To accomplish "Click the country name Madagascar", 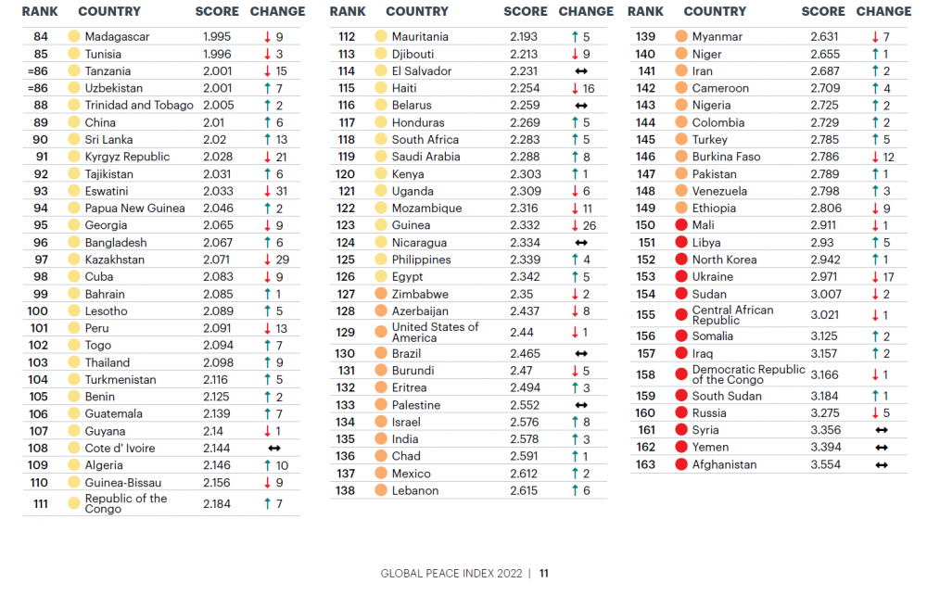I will click(117, 37).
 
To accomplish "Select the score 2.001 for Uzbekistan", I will click(219, 88).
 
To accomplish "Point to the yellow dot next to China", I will click(74, 122).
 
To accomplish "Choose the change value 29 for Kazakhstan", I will click(282, 260).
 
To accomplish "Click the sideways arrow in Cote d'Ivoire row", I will click(273, 449).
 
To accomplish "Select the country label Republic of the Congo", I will click(126, 503).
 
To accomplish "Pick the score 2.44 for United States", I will click(522, 332).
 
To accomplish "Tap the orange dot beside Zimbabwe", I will click(381, 294).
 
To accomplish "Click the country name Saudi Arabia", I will click(425, 157).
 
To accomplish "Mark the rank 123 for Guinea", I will click(346, 225).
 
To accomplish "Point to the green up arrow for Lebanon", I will click(575, 490).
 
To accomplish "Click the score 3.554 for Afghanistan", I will click(825, 464).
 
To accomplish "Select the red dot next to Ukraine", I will click(681, 276).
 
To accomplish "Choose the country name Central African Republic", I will click(732, 315).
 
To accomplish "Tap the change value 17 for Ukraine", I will click(888, 276).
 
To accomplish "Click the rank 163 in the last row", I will click(645, 464).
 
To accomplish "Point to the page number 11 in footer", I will click(544, 574).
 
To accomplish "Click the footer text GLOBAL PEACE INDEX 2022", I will click(451, 574).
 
